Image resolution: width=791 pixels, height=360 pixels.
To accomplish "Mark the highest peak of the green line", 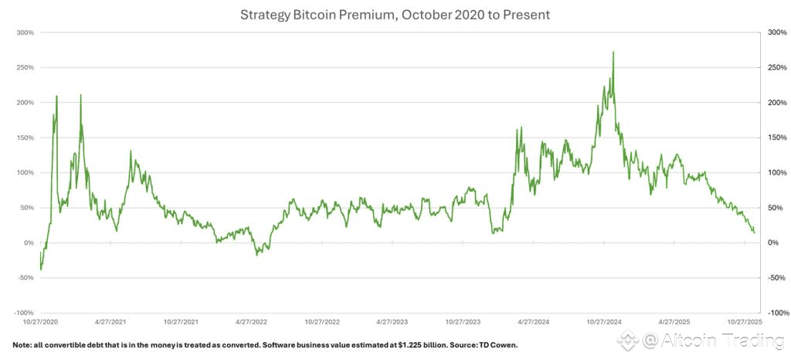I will (613, 53).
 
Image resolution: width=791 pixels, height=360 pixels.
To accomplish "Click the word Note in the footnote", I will (23, 345).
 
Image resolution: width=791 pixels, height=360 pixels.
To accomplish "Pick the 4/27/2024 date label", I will (535, 321).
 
